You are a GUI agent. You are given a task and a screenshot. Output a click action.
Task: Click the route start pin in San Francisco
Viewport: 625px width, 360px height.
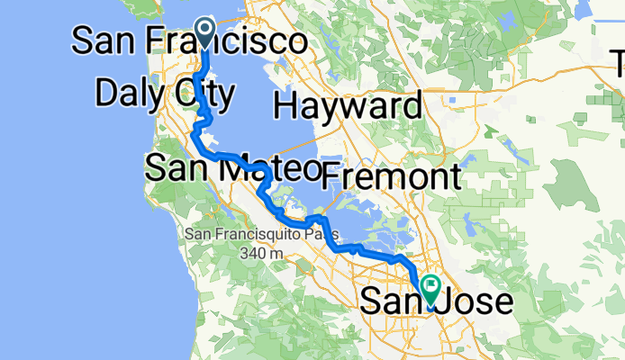click(x=205, y=33)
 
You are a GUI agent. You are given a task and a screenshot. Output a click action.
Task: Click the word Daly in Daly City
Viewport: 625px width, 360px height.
click(x=128, y=93)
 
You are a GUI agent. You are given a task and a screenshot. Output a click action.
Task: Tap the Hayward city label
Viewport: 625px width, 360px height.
click(x=348, y=106)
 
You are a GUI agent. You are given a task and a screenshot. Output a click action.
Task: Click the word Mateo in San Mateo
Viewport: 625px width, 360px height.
click(x=274, y=166)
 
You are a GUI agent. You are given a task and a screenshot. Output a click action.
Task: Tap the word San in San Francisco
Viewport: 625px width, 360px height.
click(x=103, y=40)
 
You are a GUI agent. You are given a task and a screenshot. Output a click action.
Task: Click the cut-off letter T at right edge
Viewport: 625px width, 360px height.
click(x=619, y=62)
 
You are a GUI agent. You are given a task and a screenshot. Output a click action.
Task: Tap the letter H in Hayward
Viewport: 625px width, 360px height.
click(x=287, y=106)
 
